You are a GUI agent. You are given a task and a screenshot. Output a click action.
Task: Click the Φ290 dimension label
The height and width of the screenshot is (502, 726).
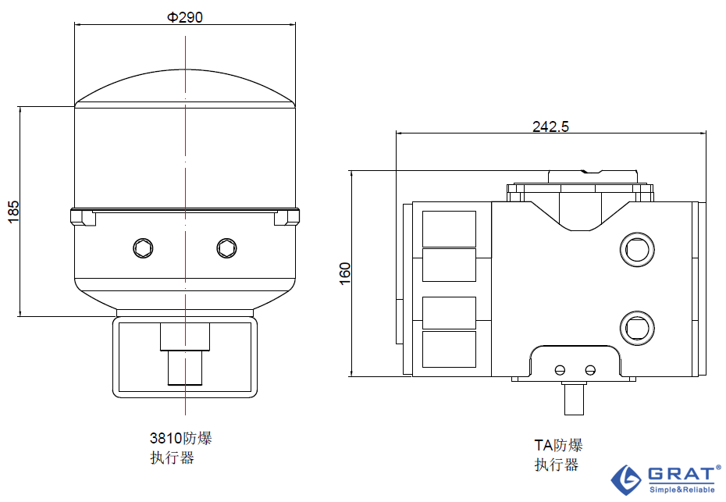[x=185, y=17]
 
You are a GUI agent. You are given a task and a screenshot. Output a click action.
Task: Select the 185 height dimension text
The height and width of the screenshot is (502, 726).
[x=13, y=212]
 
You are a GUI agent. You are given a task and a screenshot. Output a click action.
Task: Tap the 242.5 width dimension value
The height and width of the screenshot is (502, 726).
[x=550, y=126]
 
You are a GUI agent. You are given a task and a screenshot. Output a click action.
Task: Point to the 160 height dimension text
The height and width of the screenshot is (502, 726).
[x=345, y=274]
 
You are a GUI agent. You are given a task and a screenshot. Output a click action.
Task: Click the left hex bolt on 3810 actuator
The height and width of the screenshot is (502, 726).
[x=143, y=248]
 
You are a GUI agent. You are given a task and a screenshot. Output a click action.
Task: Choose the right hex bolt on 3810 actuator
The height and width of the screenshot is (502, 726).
[x=227, y=248]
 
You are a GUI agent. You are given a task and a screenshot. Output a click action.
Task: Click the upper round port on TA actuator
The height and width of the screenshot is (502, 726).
[x=637, y=250]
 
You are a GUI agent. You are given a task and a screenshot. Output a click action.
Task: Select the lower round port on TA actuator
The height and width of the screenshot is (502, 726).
[x=637, y=328]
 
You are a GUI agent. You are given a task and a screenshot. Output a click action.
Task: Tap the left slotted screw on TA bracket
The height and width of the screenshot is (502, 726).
[x=561, y=370]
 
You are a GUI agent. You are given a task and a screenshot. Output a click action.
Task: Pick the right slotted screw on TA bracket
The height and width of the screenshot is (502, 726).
[x=590, y=370]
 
